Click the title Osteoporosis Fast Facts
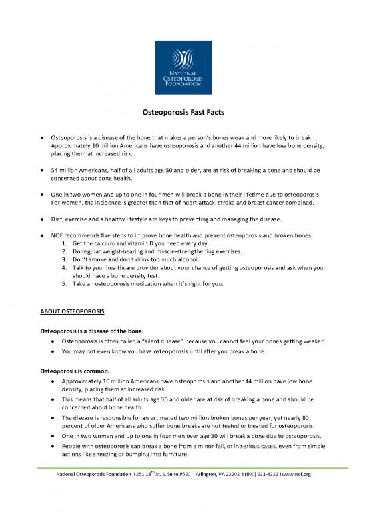coord(183,114)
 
